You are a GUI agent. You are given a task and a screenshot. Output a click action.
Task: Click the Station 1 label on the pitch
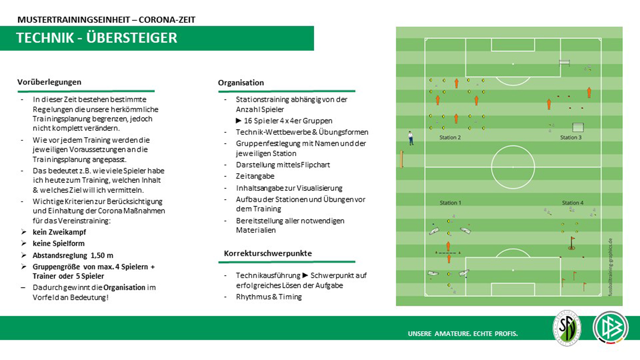coord(450,203)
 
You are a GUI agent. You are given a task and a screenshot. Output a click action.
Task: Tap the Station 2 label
coord(450,138)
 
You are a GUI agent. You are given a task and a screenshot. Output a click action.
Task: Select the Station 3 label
coord(570,138)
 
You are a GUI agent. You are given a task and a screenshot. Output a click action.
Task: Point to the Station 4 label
coord(572,203)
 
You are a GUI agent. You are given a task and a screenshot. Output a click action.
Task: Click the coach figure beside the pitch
coord(410,138)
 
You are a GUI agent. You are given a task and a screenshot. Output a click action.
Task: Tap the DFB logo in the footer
coord(610,328)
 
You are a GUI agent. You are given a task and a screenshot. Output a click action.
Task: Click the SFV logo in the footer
coord(567,328)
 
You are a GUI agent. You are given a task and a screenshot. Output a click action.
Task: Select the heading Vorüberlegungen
coord(49,82)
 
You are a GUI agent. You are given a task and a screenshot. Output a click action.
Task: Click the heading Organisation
coord(241,83)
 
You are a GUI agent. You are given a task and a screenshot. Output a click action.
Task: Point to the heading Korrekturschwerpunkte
coord(268,253)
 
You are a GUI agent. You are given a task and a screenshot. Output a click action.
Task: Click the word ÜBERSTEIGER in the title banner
coord(131,38)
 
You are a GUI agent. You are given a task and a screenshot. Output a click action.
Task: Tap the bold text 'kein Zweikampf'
coord(59,232)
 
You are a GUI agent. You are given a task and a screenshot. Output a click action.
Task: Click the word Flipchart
coord(315,165)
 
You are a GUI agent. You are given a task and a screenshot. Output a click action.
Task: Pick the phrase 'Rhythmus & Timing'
coord(269,297)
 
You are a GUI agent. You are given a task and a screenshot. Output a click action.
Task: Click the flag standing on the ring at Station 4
coord(572,243)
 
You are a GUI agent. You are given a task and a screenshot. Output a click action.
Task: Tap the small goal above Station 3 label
coord(577,127)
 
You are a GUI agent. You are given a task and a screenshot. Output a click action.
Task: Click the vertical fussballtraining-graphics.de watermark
coord(610,267)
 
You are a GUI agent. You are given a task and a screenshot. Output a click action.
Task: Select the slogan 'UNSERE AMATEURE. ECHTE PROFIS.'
coord(463,334)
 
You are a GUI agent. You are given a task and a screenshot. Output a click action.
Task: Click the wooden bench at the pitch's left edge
coord(401,159)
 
